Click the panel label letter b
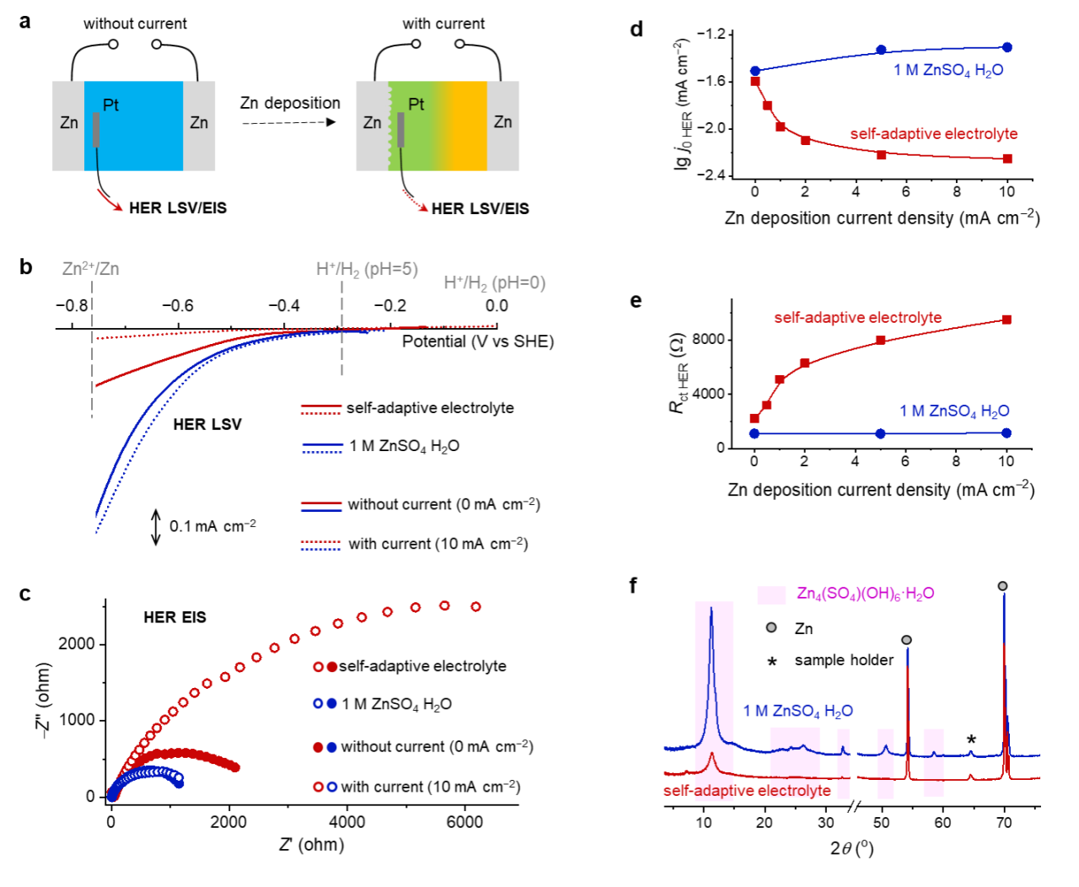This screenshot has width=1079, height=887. click(x=26, y=267)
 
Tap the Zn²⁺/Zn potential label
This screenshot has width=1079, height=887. click(x=91, y=269)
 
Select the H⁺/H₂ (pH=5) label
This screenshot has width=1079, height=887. click(x=367, y=269)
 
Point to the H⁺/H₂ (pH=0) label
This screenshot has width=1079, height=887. click(x=495, y=283)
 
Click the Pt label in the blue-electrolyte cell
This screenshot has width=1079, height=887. click(x=110, y=105)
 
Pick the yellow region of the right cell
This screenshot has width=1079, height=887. click(x=469, y=126)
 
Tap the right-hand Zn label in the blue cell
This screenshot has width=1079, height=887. click(x=199, y=123)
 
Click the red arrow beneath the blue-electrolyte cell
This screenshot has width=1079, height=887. click(x=110, y=201)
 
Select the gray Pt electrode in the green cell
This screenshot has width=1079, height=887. click(x=400, y=131)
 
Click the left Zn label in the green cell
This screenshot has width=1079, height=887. click(x=372, y=123)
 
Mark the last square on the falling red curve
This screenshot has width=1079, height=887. click(x=1007, y=159)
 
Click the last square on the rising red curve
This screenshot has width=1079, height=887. click(x=1007, y=320)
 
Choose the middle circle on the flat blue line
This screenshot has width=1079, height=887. click(x=880, y=433)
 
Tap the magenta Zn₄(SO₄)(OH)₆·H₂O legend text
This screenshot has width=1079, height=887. click(x=865, y=594)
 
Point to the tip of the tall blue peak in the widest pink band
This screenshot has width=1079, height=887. click(x=712, y=608)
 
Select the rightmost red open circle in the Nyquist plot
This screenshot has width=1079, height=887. click(x=475, y=606)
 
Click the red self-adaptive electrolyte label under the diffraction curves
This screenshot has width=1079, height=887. click(x=747, y=791)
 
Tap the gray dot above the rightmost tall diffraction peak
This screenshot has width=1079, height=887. click(x=1002, y=586)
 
